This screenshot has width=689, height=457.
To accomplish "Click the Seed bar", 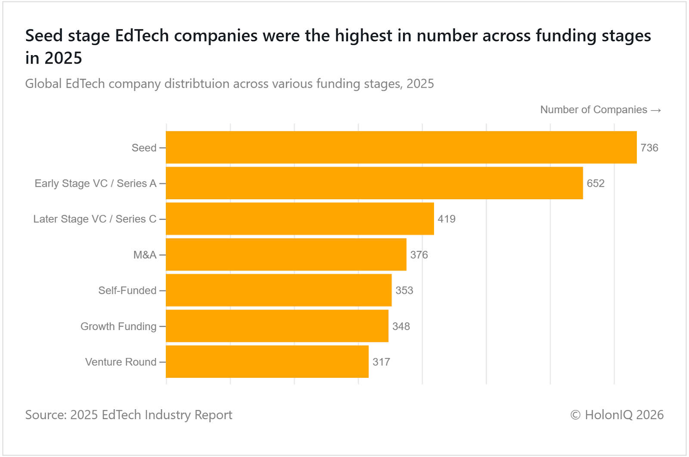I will [401, 147].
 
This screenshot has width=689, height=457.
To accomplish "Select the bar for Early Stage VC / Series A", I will [374, 183].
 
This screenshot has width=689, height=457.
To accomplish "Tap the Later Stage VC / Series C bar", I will [300, 219].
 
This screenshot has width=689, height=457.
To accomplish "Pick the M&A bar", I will [286, 255].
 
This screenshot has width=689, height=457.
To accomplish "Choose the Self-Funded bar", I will [279, 290].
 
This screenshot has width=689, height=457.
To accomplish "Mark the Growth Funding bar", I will [277, 326].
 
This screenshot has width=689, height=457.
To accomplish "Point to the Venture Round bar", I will [267, 362].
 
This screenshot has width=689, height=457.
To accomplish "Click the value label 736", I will [649, 148].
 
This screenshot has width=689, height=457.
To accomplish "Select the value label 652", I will [596, 183].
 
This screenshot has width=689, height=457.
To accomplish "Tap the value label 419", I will [447, 219].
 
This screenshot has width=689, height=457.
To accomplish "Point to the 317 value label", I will [381, 362].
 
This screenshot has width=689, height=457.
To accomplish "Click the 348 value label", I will [401, 326].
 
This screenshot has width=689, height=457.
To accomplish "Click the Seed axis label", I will [144, 148].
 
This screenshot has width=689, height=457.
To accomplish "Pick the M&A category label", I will [145, 255].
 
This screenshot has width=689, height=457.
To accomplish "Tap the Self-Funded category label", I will [127, 290].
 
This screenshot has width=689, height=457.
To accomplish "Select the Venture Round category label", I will [121, 362].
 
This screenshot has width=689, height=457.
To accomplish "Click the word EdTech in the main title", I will [142, 36].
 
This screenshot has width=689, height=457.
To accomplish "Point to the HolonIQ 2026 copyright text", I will [617, 415].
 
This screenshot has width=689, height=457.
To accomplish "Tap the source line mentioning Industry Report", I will [128, 415].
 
